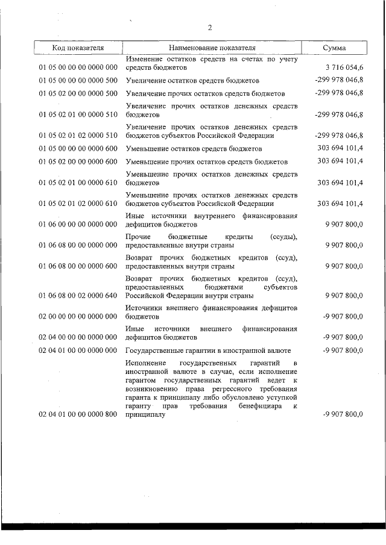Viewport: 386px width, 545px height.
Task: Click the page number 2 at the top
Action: [x=209, y=27]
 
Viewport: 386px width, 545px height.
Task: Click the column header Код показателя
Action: [x=78, y=48]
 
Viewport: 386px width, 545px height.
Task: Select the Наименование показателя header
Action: [x=212, y=48]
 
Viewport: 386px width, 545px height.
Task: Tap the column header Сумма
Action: [x=334, y=48]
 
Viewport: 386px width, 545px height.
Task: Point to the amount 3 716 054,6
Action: [x=343, y=68]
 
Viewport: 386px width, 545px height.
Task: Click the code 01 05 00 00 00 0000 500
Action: [x=78, y=80]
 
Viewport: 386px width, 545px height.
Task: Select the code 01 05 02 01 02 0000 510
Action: [x=78, y=135]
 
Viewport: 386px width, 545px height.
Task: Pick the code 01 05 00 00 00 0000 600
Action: [x=78, y=149]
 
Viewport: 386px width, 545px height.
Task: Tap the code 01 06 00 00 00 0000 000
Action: [x=78, y=225]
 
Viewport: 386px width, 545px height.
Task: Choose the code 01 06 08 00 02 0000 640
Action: [x=78, y=295]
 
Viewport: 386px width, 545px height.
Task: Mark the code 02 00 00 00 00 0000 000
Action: [x=78, y=316]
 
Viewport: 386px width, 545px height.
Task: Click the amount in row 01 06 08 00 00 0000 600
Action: [x=344, y=266]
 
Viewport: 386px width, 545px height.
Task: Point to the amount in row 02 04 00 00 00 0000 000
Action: [x=343, y=337]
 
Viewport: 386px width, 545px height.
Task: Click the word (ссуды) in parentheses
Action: [x=284, y=237]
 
